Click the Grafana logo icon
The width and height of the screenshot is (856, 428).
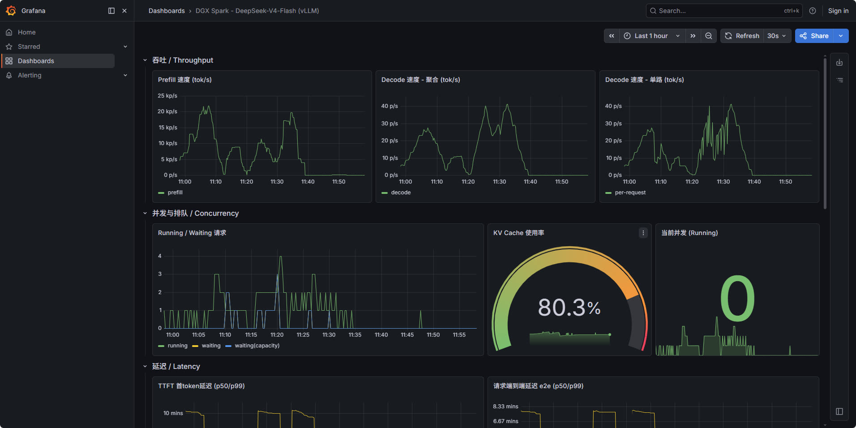(x=11, y=11)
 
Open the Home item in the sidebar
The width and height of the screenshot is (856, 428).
(x=26, y=32)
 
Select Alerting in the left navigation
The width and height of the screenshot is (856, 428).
(x=30, y=75)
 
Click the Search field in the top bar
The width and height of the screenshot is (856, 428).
(x=724, y=11)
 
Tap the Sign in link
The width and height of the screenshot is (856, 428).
(x=838, y=11)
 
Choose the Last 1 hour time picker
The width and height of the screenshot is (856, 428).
(x=651, y=36)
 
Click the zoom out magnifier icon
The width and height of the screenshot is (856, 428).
(x=709, y=36)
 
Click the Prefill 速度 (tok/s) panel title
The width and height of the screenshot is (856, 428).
(x=185, y=80)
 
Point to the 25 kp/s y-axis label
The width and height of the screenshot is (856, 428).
(x=167, y=96)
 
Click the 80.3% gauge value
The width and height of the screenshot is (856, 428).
(x=569, y=308)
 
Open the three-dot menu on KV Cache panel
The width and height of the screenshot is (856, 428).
(x=643, y=233)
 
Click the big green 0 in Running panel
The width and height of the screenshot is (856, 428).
(x=737, y=298)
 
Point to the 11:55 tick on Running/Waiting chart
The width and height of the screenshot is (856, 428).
(x=459, y=335)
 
